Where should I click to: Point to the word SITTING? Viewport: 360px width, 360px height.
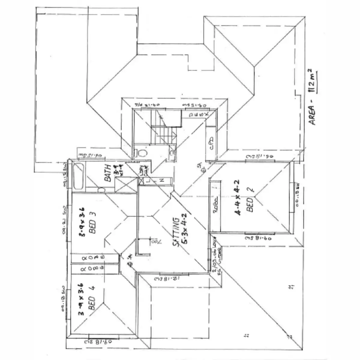tap(176, 232)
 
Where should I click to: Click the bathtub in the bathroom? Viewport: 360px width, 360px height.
tap(78, 175)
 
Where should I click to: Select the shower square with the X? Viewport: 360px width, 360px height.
tap(126, 185)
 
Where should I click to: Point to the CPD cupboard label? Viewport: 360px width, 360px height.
tap(211, 144)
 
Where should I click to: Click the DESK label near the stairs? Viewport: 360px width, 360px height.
tap(199, 115)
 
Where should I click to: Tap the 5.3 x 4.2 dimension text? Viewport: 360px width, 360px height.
tap(184, 229)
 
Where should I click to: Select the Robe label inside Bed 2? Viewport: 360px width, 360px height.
tap(215, 207)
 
